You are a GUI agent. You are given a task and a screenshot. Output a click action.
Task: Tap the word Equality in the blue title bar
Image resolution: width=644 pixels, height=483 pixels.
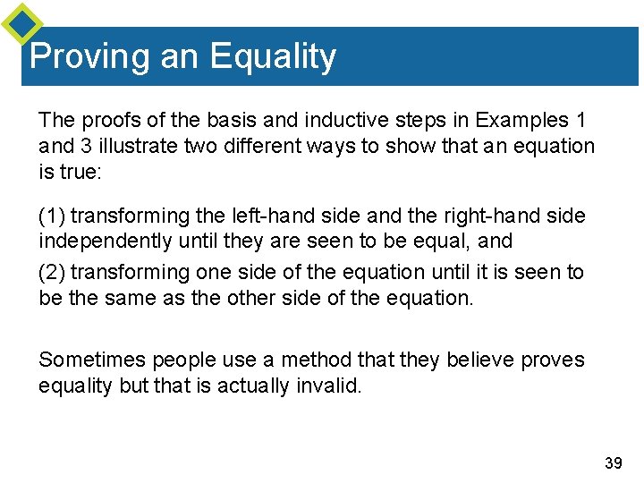click(273, 57)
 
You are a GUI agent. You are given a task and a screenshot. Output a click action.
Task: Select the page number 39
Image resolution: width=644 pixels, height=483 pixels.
click(614, 462)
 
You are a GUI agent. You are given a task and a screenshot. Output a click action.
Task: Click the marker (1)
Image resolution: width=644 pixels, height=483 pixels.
click(52, 216)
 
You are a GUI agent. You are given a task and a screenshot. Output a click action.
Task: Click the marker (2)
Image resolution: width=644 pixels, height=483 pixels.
click(52, 272)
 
